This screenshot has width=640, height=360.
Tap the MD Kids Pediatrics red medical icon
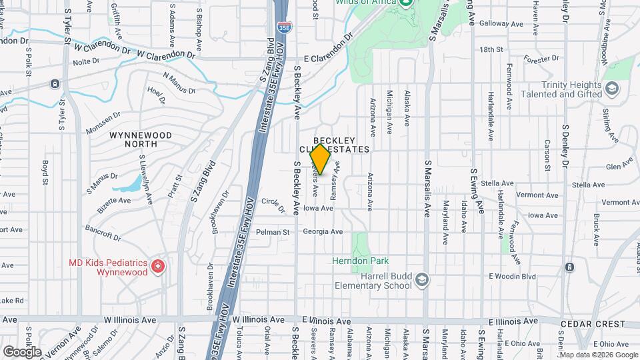pos(158,267)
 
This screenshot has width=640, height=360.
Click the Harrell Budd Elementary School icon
pos(421,279)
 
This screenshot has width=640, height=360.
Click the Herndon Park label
pos(361,261)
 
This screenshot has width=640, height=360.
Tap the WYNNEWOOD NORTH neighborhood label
pos(141,139)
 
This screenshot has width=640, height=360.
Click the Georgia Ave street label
pos(323,232)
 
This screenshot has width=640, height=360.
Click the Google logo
pos(21,351)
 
